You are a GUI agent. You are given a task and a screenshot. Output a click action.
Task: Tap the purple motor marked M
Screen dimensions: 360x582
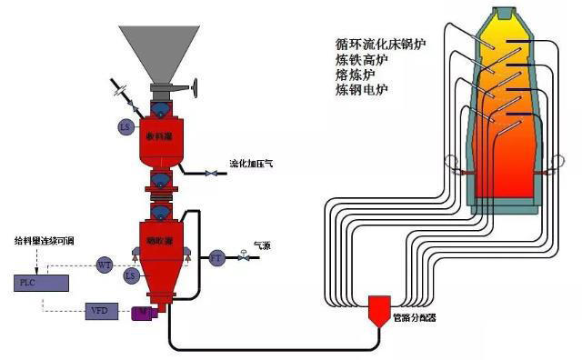coord(143,314)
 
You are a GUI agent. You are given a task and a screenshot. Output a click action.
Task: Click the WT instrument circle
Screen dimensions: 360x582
coord(105,265)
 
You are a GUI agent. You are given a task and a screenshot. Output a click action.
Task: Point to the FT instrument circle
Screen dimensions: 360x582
coord(216,257)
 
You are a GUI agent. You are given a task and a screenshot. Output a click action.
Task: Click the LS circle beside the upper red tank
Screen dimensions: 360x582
coord(125,126)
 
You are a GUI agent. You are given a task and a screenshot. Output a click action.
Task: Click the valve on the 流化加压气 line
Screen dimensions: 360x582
coord(210,173)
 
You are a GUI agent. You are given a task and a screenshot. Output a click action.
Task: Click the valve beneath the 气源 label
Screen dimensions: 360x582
coord(244,258)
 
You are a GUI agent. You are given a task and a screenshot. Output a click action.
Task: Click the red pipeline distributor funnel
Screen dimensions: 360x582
coord(376,308)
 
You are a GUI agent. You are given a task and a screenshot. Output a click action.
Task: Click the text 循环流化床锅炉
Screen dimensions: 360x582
coord(379,43)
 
